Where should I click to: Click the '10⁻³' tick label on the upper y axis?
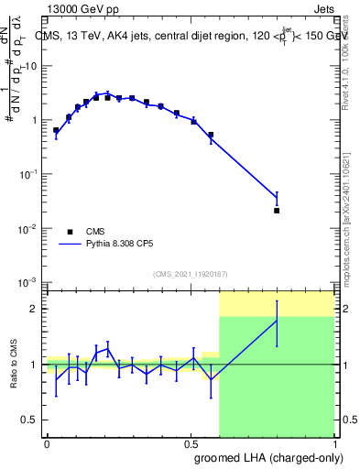(x=28, y=281)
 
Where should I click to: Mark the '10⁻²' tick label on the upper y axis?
(x=28, y=227)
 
